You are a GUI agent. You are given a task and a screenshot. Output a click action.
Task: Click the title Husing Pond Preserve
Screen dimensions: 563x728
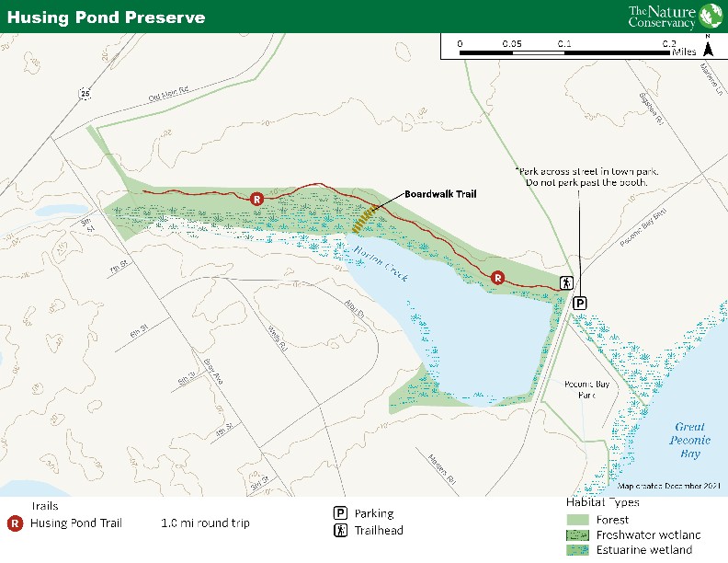107,17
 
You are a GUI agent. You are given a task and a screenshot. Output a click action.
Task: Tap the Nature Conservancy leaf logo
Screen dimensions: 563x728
711,17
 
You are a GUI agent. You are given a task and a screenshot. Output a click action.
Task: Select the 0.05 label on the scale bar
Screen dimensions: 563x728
512,43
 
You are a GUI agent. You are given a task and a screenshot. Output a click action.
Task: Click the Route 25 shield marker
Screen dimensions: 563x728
85,93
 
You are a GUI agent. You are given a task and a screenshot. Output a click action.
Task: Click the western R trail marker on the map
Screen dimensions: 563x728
257,198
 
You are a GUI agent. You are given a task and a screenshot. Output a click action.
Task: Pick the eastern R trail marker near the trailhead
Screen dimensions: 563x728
497,276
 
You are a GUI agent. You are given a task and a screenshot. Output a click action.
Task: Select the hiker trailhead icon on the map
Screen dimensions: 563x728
567,283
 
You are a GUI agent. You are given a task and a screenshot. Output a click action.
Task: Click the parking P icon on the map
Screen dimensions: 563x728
580,303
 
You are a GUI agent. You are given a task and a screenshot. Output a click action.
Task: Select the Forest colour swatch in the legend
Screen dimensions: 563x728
578,520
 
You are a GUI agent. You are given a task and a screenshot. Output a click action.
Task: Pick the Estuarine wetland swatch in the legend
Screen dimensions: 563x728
578,550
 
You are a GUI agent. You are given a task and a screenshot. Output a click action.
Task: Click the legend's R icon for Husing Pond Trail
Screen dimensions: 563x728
16,523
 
